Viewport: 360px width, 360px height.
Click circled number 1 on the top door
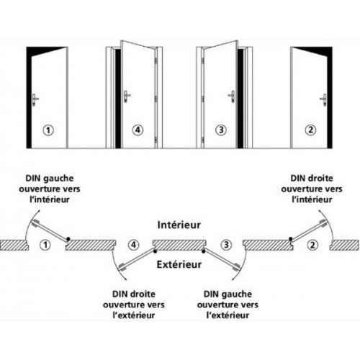tap(48, 130)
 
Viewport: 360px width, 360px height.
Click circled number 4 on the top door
tap(138, 130)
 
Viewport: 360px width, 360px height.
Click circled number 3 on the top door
tap(222, 130)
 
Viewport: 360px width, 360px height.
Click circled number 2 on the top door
tap(311, 130)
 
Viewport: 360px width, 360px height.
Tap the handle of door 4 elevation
tap(127, 94)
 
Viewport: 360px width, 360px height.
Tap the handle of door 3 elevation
tap(232, 94)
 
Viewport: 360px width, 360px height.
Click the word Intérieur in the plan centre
tap(179, 224)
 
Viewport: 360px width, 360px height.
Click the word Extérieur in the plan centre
tap(179, 265)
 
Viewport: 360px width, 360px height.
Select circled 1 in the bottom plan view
tap(45, 245)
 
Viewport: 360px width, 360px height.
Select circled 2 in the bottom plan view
tap(312, 245)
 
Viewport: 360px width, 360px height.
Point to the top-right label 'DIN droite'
tap(314, 178)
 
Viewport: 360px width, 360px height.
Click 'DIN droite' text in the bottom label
tap(134, 294)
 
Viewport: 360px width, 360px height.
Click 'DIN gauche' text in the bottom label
tap(226, 294)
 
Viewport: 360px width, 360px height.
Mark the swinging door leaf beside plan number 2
tap(305, 231)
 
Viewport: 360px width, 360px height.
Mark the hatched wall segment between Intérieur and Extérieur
tap(179, 245)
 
